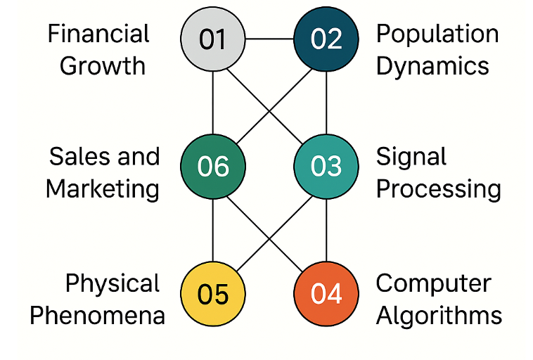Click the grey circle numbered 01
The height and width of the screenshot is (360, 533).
pos(213,39)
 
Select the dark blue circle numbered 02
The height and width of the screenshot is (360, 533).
pos(326,39)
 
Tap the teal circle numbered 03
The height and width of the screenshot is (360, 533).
pos(326,166)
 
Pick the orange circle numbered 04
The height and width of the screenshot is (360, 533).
pos(326,293)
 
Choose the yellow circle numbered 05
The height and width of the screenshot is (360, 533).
pos(213,293)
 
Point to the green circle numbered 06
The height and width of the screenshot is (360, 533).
pos(213,166)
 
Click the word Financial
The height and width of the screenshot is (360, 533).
pos(98,34)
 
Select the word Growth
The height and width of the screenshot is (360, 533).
pos(103,65)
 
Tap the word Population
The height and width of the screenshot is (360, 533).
pos(437,34)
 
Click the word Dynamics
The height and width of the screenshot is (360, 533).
pos(432,65)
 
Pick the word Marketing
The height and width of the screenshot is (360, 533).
pos(103,188)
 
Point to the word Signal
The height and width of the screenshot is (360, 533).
pos(411,157)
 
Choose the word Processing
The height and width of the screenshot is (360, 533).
pos(439,188)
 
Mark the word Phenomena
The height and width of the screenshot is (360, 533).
pos(97,315)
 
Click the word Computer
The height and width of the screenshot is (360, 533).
pos(433,283)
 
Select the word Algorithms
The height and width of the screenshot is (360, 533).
pos(439,315)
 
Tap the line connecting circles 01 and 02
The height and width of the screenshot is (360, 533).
pos(269,39)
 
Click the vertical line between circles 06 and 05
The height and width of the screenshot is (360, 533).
pos(213,229)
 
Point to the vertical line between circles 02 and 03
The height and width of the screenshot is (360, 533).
pos(326,102)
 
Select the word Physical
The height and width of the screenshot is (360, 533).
pos(113,283)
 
